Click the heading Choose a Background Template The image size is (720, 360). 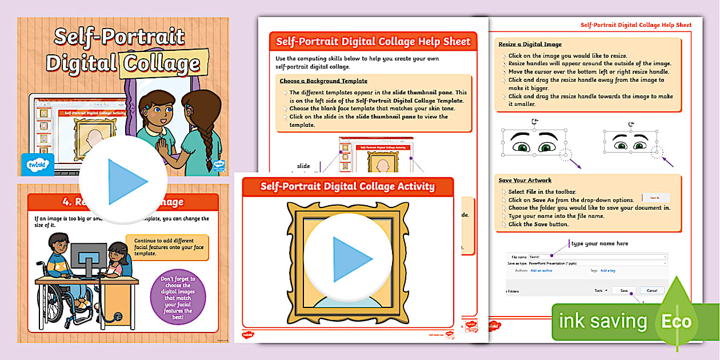click(323, 81)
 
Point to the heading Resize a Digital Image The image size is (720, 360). click(530, 44)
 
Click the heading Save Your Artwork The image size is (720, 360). click(525, 181)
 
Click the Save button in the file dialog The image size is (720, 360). click(623, 290)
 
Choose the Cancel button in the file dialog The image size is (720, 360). click(652, 290)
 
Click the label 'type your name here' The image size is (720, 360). click(599, 243)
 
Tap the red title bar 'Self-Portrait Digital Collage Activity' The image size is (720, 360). click(347, 186)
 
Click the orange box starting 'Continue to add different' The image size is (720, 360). click(167, 247)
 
